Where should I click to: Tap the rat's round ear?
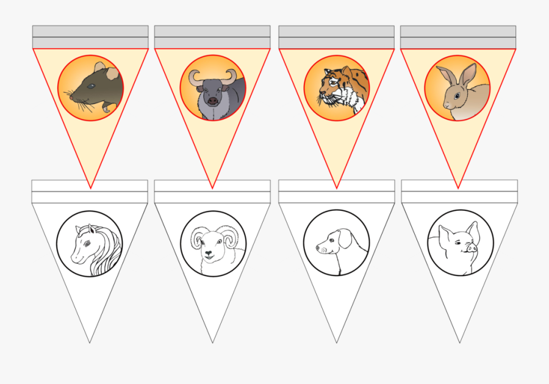[99, 68]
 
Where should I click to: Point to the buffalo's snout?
[212, 101]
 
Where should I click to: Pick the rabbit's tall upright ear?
[467, 74]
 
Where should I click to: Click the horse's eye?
[86, 243]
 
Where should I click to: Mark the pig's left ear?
[444, 233]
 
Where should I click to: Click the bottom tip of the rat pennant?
[90, 188]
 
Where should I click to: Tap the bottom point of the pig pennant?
[459, 342]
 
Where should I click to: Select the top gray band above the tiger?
[336, 31]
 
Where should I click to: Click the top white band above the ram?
[212, 185]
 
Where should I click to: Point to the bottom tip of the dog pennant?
[336, 342]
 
